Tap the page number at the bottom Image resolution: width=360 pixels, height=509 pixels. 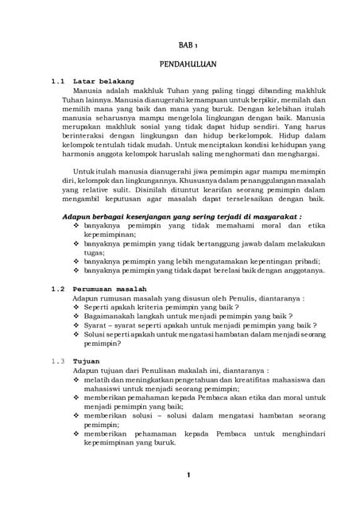(x=188, y=476)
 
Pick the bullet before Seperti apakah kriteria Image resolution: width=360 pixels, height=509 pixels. (x=75, y=306)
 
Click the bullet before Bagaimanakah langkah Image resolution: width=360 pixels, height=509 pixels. (x=75, y=316)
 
